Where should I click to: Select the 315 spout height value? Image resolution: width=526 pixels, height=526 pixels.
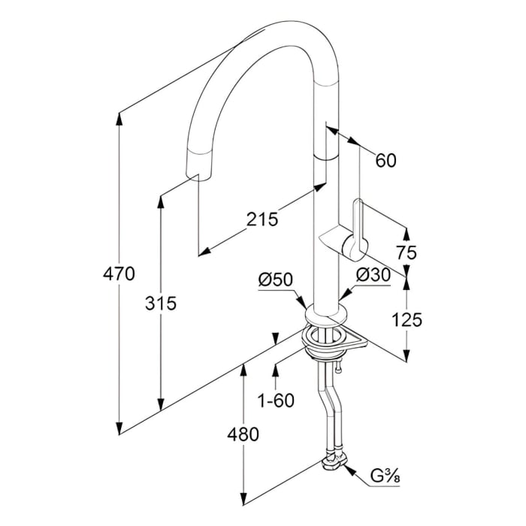(161, 304)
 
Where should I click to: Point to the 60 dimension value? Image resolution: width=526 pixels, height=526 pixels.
(385, 160)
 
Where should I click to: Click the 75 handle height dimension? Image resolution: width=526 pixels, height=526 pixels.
(406, 252)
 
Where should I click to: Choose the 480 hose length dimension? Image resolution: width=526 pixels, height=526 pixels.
(242, 434)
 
